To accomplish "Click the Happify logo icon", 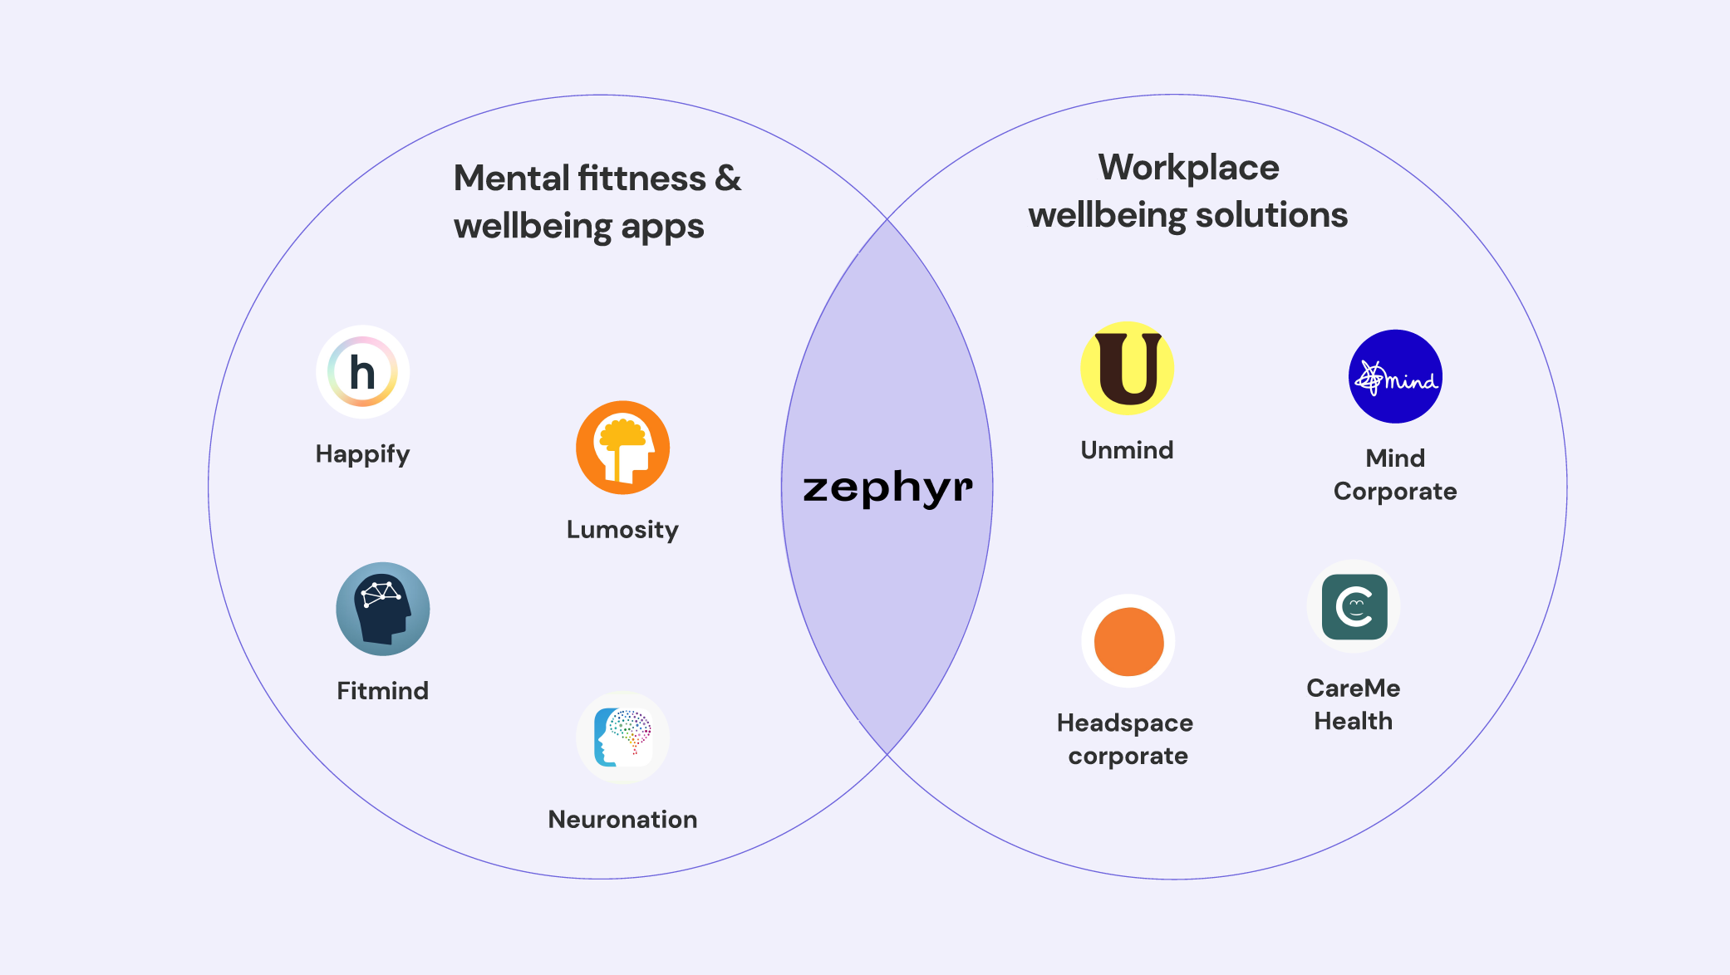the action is pos(362,372).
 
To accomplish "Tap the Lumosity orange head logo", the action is pos(622,448).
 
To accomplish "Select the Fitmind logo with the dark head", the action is pos(382,609).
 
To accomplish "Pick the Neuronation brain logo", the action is pos(622,737).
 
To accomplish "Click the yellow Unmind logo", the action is pos(1127,368).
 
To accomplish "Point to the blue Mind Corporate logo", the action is pos(1395,376).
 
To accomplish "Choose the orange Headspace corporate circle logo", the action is pos(1128,641).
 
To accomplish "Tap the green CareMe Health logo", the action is pos(1354,606).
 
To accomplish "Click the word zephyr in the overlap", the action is pos(887,487).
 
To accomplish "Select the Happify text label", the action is pos(362,454).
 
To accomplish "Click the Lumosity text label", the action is pos(622,530).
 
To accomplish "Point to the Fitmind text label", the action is pos(382,691).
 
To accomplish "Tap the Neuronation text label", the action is pos(622,820).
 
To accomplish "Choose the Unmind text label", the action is pos(1127,450).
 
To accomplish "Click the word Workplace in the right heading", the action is pos(1188,168).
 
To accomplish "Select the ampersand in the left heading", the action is pos(728,179).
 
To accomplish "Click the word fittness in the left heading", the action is pos(641,179).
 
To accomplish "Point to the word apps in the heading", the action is pos(662,228).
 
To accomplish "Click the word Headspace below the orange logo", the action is pos(1125,723).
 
